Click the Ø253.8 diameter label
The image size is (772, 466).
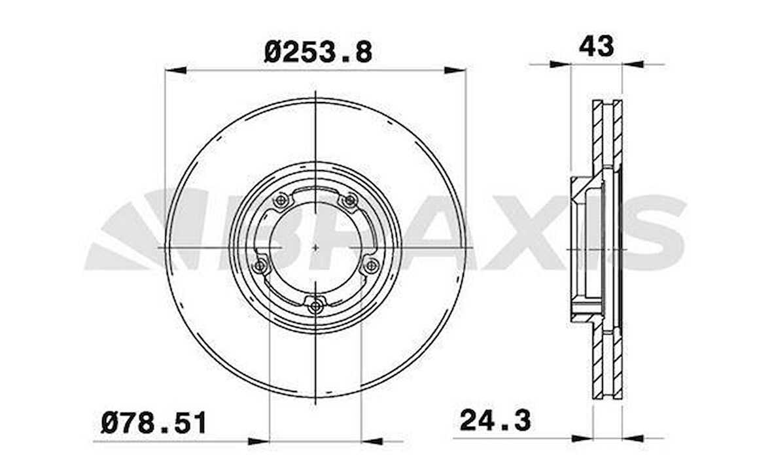point(318,51)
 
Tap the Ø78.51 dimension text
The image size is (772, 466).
point(154,423)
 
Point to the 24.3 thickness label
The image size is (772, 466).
point(495,421)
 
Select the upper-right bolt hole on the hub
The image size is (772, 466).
point(351,200)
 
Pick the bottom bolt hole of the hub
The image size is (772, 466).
point(317,305)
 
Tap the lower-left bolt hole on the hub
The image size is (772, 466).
point(260,265)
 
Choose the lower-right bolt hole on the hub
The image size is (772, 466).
point(372,265)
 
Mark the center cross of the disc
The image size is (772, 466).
point(316,248)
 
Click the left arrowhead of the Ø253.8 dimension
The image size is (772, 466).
point(175,70)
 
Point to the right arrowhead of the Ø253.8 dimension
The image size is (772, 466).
point(455,70)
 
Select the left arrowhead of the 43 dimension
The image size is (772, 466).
point(560,64)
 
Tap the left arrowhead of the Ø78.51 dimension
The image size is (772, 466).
point(259,441)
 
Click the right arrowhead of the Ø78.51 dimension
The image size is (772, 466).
point(372,441)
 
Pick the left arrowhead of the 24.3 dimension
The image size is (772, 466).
point(582,438)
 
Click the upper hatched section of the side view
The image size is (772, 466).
point(607,134)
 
